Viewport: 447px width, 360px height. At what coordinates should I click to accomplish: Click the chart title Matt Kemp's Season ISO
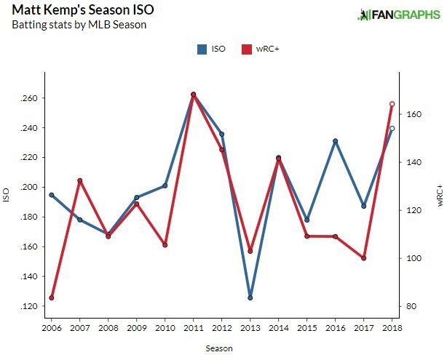82,11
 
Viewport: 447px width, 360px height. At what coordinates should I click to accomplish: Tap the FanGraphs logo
394,15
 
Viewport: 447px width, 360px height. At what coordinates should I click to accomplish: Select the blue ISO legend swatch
202,50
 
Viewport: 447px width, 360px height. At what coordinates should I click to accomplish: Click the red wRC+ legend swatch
245,50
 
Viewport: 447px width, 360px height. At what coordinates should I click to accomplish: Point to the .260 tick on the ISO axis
32,98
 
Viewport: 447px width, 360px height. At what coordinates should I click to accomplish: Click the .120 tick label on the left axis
32,306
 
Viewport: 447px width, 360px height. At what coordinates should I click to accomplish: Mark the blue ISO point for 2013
250,297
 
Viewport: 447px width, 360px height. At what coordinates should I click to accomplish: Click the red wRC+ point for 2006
51,297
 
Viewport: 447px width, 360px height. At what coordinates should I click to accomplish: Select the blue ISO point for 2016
335,141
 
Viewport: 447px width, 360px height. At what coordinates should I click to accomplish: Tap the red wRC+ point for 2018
392,104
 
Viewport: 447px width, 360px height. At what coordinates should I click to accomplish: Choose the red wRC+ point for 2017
363,258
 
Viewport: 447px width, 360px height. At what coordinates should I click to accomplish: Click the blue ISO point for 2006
51,195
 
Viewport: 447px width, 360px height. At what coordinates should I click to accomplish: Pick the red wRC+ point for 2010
165,245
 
